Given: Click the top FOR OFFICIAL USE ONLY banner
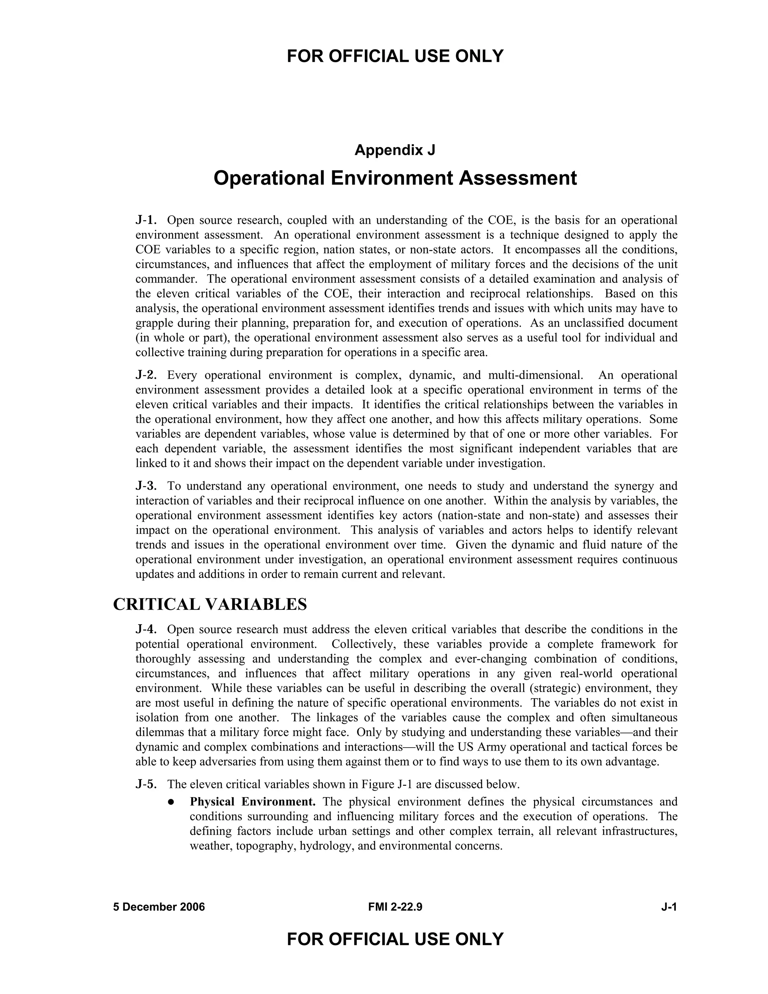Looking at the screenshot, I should coord(395,56).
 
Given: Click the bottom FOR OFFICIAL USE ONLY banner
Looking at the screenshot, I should coord(395,939).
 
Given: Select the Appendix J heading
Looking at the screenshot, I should coord(395,150).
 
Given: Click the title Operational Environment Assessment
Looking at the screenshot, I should coord(395,178).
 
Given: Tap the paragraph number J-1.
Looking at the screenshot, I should coord(146,220).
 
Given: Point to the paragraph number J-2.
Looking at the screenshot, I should coord(146,375).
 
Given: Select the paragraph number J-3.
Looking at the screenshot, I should coord(146,486).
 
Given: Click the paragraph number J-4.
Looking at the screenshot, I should coord(146,629).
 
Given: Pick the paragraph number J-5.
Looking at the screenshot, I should coord(146,784).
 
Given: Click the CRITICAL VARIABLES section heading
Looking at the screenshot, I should coord(210,604).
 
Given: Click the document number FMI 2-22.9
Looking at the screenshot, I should coord(395,907).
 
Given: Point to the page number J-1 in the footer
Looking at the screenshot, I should coord(669,907).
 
